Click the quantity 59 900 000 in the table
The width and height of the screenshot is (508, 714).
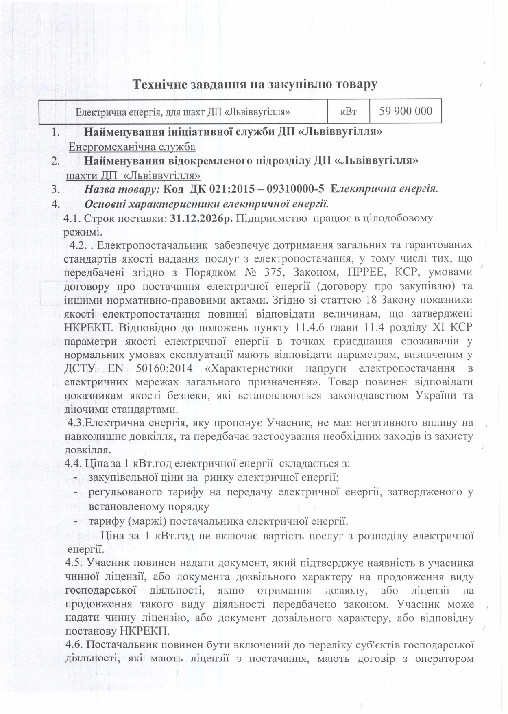tap(406, 111)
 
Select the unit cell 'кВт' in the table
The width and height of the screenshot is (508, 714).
tap(348, 111)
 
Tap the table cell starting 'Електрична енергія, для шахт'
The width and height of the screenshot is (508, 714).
tap(183, 111)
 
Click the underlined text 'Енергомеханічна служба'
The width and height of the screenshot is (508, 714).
tap(132, 147)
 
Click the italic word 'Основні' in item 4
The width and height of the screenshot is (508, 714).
tap(102, 203)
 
